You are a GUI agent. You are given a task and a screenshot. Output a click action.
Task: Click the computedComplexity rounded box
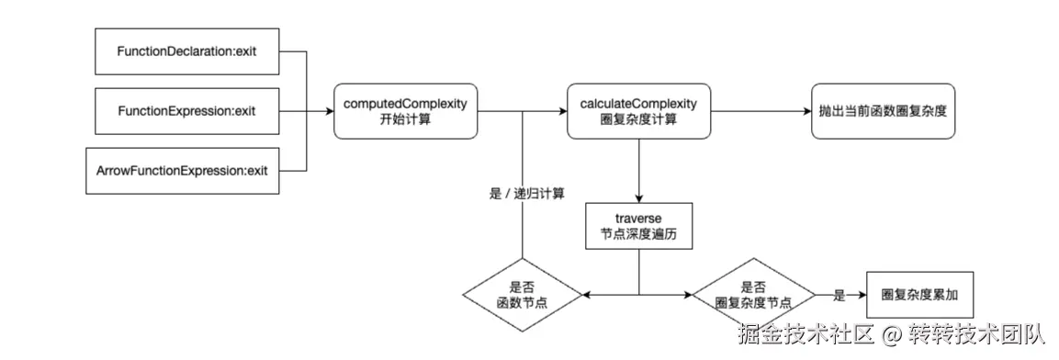click(x=405, y=111)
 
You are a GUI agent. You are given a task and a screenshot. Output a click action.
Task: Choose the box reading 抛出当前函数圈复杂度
click(x=883, y=111)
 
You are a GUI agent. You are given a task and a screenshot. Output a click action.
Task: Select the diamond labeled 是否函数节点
click(x=521, y=296)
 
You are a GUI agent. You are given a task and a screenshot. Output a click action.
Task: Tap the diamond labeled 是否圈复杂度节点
click(x=753, y=296)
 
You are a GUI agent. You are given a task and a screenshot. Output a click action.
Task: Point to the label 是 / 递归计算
click(x=527, y=194)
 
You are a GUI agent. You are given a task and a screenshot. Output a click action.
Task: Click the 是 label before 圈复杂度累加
click(x=839, y=296)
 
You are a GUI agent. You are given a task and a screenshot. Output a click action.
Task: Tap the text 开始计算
click(x=405, y=119)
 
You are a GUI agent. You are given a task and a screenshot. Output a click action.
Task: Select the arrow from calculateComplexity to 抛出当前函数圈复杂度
click(x=758, y=112)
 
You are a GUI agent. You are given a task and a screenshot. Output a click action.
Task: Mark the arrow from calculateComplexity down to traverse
click(x=638, y=170)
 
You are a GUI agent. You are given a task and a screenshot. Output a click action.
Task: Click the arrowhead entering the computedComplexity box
click(x=328, y=112)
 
